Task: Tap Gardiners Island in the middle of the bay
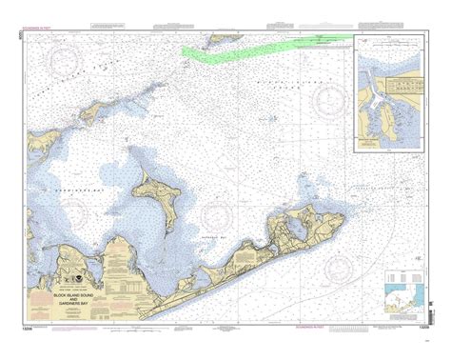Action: (x=155, y=197)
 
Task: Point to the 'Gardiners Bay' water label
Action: (x=98, y=163)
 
